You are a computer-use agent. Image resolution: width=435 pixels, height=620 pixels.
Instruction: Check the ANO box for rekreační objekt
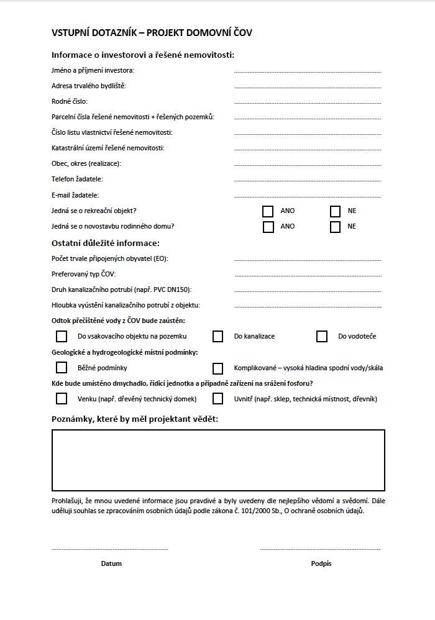pyautogui.click(x=268, y=211)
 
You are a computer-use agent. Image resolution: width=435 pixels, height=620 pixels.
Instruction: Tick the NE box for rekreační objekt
pyautogui.click(x=336, y=211)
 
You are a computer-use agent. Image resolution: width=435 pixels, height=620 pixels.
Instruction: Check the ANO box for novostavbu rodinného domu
pyautogui.click(x=268, y=227)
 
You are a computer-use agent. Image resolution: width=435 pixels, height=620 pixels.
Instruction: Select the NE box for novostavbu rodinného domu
pyautogui.click(x=336, y=227)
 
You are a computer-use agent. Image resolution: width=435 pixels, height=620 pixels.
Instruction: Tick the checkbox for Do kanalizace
pyautogui.click(x=217, y=337)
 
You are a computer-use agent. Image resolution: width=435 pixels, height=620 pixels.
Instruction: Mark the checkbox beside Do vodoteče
pyautogui.click(x=322, y=337)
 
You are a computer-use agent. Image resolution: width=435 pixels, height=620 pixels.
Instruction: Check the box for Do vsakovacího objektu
pyautogui.click(x=62, y=337)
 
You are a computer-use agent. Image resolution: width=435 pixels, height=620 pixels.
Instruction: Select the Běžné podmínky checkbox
pyautogui.click(x=62, y=368)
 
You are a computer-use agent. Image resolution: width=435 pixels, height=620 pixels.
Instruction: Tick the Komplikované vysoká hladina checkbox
pyautogui.click(x=217, y=368)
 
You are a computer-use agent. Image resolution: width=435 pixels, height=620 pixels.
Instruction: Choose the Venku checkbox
pyautogui.click(x=62, y=399)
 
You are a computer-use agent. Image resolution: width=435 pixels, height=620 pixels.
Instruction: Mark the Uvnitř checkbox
pyautogui.click(x=217, y=399)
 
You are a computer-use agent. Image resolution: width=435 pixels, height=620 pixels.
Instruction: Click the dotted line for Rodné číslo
pyautogui.click(x=308, y=103)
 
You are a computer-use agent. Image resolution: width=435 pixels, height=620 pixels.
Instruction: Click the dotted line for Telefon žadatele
pyautogui.click(x=308, y=181)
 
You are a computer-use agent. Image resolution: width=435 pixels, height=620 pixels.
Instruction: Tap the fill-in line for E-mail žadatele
pyautogui.click(x=308, y=196)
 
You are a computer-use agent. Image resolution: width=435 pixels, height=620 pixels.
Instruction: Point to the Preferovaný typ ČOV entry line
pyautogui.click(x=308, y=275)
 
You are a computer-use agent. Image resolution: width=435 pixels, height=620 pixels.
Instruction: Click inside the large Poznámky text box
pyautogui.click(x=218, y=460)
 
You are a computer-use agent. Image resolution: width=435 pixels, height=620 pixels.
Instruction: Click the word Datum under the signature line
pyautogui.click(x=111, y=564)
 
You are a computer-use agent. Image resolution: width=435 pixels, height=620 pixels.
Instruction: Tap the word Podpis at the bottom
pyautogui.click(x=321, y=564)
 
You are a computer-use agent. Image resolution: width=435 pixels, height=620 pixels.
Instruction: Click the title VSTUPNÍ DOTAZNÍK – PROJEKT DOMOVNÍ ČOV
pyautogui.click(x=152, y=33)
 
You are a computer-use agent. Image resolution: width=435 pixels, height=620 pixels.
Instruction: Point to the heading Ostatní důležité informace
pyautogui.click(x=106, y=243)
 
